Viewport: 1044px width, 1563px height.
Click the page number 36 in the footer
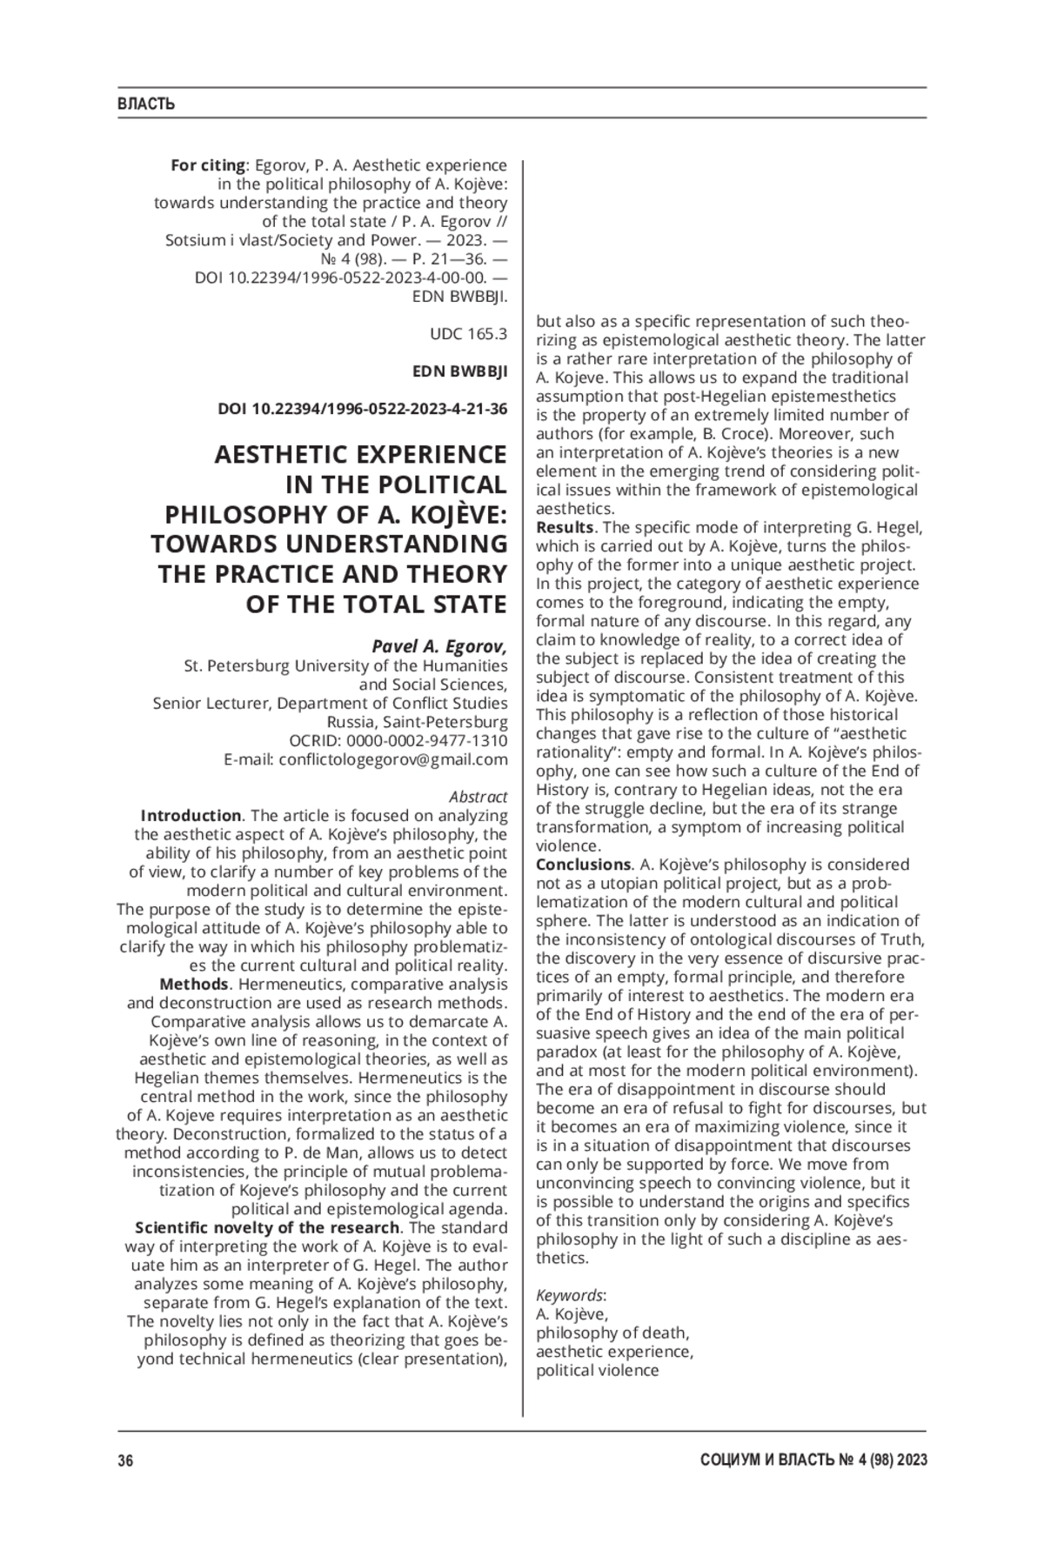(x=125, y=1460)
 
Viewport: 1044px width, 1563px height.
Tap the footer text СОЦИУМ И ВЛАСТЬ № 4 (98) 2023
(x=813, y=1460)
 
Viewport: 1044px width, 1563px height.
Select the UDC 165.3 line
(x=468, y=334)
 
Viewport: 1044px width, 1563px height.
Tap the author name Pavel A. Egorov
(x=438, y=646)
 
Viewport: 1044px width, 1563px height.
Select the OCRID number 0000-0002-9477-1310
(x=426, y=741)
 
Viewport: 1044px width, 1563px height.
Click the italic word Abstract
(x=478, y=797)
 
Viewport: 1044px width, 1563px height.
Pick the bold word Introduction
(x=191, y=816)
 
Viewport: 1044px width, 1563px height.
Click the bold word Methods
(x=194, y=985)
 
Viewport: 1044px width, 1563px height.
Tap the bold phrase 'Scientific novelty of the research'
(x=267, y=1228)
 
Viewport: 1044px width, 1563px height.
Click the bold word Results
(x=564, y=527)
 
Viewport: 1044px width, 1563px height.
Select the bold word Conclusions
(x=582, y=865)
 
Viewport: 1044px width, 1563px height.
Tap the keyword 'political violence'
(x=597, y=1371)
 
